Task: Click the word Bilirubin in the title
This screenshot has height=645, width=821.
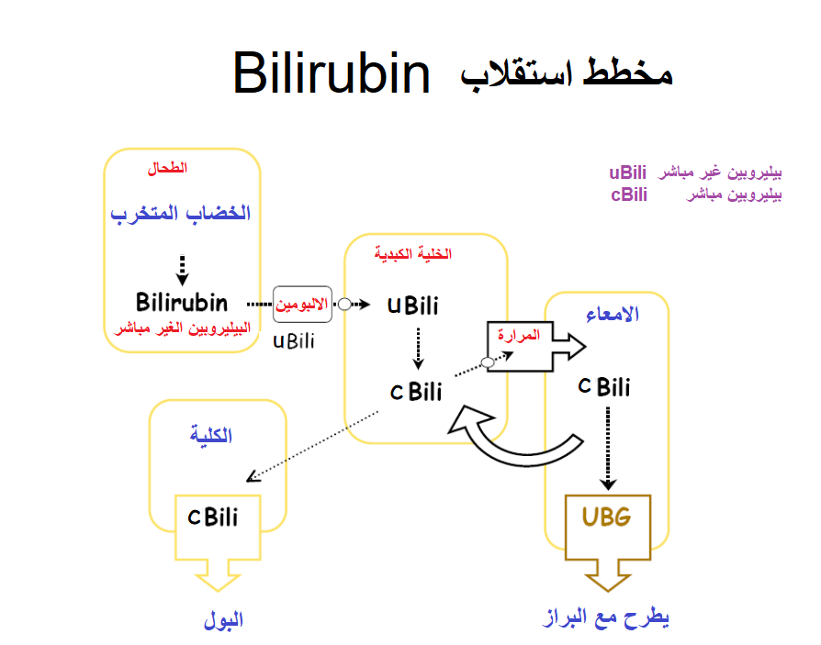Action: pyautogui.click(x=332, y=73)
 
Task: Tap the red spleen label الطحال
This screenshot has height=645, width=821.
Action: pyautogui.click(x=167, y=169)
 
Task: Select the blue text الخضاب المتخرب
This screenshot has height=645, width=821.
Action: pyautogui.click(x=181, y=214)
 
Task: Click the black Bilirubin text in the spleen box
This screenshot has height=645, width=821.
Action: pyautogui.click(x=182, y=302)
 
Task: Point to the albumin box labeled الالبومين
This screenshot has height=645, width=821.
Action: pyautogui.click(x=301, y=305)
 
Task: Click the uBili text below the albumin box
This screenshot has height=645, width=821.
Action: pyautogui.click(x=294, y=341)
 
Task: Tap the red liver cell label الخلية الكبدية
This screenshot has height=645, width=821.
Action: pyautogui.click(x=413, y=254)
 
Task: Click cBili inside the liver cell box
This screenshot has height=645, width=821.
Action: pyautogui.click(x=416, y=393)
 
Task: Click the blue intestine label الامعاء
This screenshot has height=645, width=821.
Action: pyautogui.click(x=613, y=315)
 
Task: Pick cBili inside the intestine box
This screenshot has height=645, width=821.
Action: pyautogui.click(x=604, y=387)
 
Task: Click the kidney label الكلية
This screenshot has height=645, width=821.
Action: pyautogui.click(x=211, y=436)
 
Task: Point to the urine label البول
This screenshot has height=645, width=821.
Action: pyautogui.click(x=223, y=621)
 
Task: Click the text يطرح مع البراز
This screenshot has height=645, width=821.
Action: pyautogui.click(x=606, y=617)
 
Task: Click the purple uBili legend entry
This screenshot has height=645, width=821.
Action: pyautogui.click(x=627, y=173)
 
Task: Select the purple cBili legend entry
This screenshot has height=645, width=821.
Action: pyautogui.click(x=628, y=195)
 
